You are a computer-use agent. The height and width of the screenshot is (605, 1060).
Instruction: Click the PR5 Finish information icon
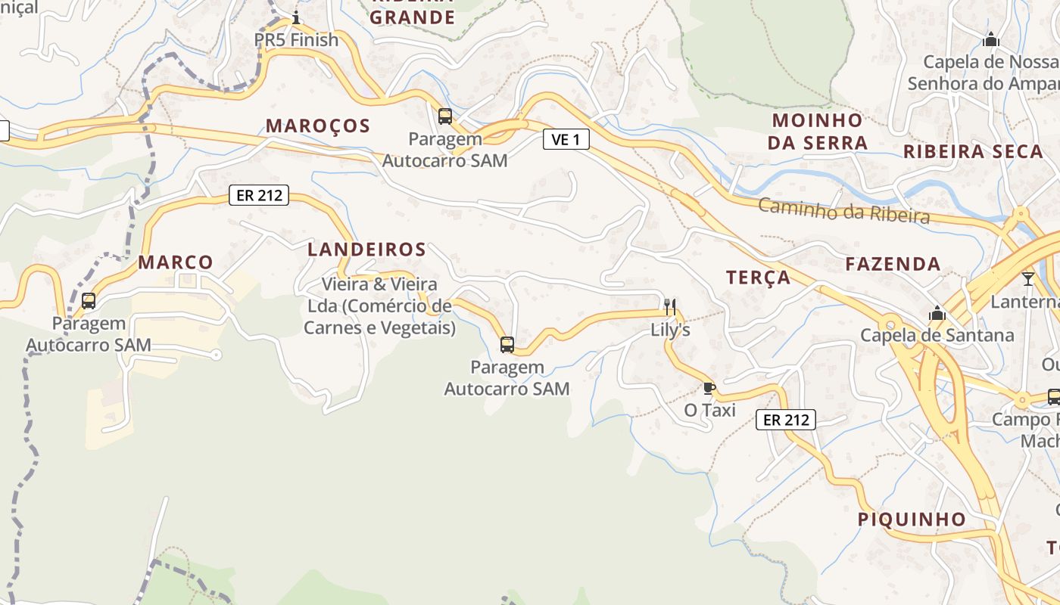pos(296,17)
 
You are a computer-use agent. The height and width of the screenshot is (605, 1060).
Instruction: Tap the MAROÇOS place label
pos(318,126)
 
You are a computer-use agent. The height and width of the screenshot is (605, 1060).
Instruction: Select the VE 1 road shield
pos(566,139)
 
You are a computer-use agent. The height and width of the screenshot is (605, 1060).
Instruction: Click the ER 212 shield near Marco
pos(259,195)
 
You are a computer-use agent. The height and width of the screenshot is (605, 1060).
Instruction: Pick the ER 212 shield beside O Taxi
pos(786,420)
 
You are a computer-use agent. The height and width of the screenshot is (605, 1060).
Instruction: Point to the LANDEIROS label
pos(366,250)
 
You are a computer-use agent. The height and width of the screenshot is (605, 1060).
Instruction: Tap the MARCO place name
pos(176,262)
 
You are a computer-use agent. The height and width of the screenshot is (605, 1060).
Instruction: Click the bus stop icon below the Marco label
pos(89,301)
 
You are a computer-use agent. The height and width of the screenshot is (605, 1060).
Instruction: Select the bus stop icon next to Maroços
pos(445,116)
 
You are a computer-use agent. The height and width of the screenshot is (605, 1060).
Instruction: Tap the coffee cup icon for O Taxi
pos(709,389)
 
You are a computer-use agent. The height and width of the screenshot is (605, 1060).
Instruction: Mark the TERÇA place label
pos(758,278)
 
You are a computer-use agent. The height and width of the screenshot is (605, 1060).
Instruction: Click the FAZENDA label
pos(893,264)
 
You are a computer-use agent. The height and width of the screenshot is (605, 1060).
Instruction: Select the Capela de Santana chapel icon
pos(937,313)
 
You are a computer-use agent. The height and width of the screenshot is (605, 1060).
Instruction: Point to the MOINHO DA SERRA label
pos(817,132)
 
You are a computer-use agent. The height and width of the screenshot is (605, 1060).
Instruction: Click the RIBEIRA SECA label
pos(973,151)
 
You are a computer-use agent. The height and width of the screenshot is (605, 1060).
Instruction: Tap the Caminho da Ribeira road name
pos(843,211)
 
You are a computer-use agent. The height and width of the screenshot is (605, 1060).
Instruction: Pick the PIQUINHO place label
pos(912,520)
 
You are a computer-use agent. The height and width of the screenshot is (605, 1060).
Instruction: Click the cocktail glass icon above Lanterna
pos(1027,279)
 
